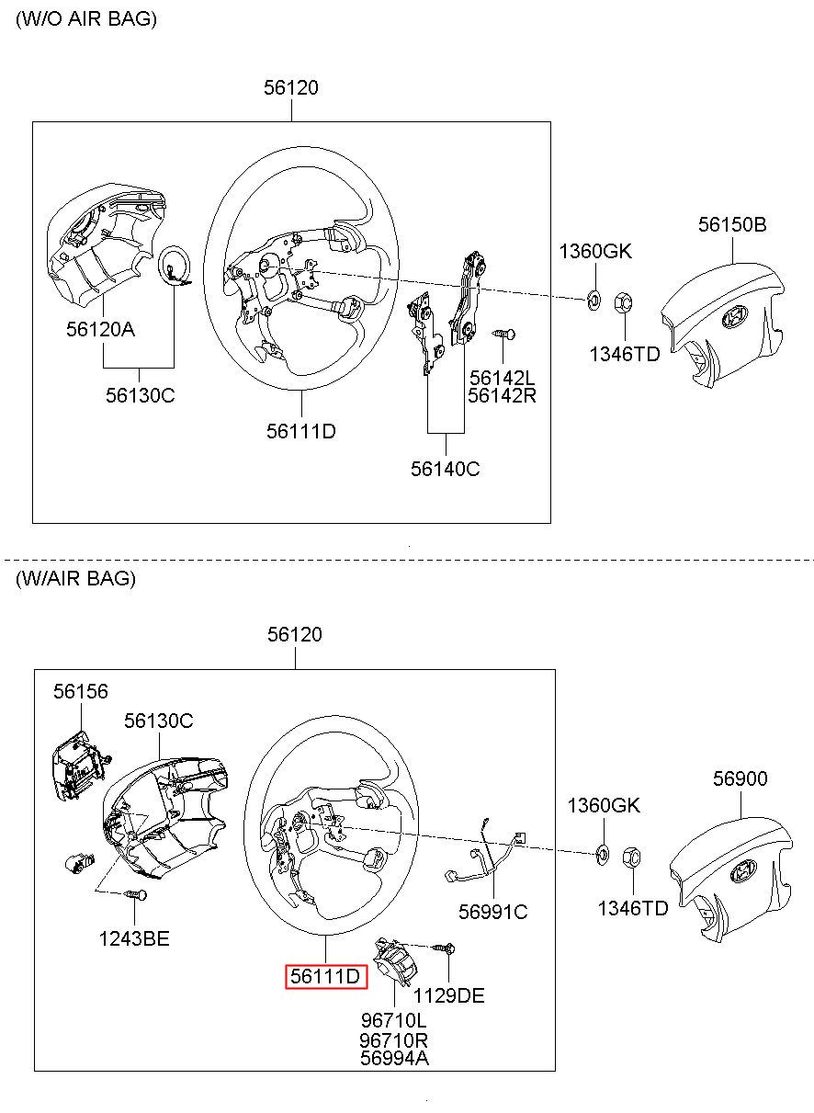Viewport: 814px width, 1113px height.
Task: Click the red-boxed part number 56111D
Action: click(x=325, y=976)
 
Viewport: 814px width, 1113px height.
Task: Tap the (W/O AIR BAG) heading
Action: click(x=86, y=19)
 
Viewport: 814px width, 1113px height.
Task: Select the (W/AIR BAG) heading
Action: click(x=75, y=578)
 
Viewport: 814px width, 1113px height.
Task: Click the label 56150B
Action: click(x=732, y=225)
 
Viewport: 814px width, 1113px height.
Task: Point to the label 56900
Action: click(x=741, y=779)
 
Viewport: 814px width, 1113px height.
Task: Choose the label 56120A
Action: click(x=100, y=328)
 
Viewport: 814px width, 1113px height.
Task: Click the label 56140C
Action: click(x=446, y=469)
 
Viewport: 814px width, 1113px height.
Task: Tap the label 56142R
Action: click(x=502, y=396)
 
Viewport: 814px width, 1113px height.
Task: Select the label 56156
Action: click(x=80, y=691)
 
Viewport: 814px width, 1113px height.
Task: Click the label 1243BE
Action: click(x=135, y=938)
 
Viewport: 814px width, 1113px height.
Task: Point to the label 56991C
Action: click(x=493, y=911)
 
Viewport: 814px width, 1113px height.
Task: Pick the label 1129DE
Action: click(x=448, y=995)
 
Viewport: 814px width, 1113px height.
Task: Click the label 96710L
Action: click(x=393, y=1020)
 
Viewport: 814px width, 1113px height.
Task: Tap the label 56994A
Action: click(x=393, y=1058)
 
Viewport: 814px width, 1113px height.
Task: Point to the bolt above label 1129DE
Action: click(x=447, y=947)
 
